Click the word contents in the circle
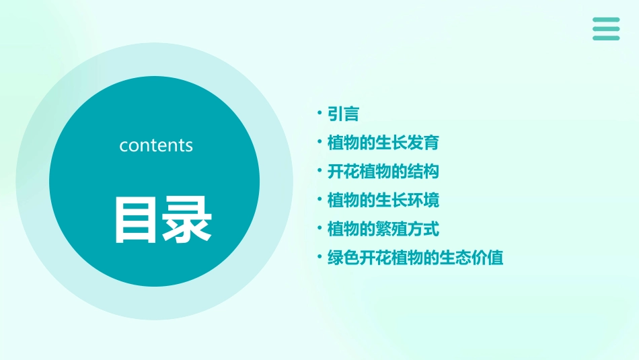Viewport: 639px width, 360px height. pyautogui.click(x=156, y=145)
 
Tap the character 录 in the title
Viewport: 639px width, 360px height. pyautogui.click(x=184, y=219)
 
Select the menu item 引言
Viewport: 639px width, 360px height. pyautogui.click(x=343, y=114)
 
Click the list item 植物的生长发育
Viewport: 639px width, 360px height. pyautogui.click(x=383, y=143)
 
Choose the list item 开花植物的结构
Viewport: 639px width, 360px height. pyautogui.click(x=383, y=172)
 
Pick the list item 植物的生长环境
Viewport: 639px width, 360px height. pyautogui.click(x=383, y=201)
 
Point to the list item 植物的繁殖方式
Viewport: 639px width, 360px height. pyautogui.click(x=383, y=229)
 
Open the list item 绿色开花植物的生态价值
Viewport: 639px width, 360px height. pyautogui.click(x=415, y=258)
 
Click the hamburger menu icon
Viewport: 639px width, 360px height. pyautogui.click(x=606, y=29)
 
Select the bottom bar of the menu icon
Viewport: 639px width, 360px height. pyautogui.click(x=606, y=38)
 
